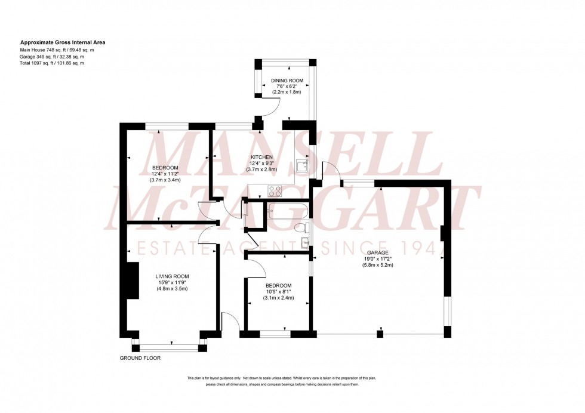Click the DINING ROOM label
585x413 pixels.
pos(287,80)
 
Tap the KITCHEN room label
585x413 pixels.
pos(261,157)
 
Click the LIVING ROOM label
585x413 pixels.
pos(172,276)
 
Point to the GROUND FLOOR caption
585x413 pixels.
pos(140,358)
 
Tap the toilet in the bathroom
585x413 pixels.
pos(303,227)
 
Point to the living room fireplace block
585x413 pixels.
pos(134,281)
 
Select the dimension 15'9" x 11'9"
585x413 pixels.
pos(172,282)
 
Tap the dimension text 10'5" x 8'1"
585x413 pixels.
pos(279,291)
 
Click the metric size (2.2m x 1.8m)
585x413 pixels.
pos(287,93)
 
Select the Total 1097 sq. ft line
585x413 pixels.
pos(52,63)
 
